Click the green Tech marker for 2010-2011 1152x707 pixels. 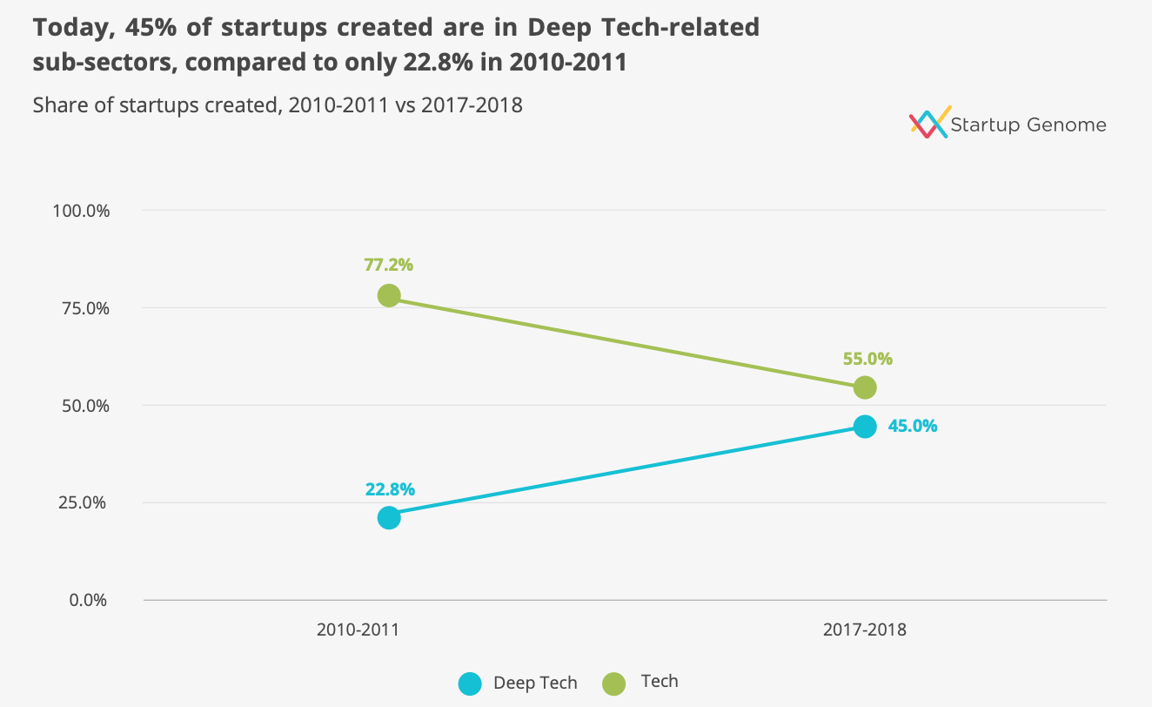click(389, 295)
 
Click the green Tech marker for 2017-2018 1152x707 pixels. click(864, 387)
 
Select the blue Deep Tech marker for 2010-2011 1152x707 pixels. click(389, 517)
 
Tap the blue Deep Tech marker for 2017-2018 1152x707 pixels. click(864, 426)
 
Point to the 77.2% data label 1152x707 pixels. click(389, 265)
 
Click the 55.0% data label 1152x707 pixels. click(867, 358)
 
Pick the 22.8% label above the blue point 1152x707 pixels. click(389, 488)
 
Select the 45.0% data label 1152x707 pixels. click(912, 426)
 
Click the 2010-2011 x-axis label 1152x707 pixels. click(358, 630)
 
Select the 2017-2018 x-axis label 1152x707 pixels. click(864, 630)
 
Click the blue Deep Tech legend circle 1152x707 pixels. click(470, 683)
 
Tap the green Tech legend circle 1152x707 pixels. click(613, 683)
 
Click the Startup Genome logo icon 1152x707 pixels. click(928, 124)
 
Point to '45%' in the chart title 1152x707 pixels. click(149, 27)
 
